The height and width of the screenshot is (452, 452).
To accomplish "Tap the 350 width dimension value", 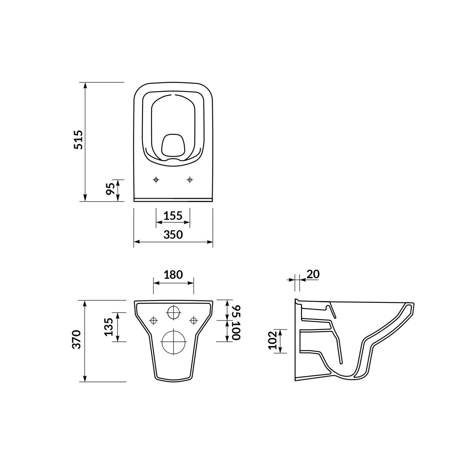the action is pos(173,235).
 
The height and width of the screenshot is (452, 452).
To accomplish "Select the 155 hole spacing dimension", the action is pos(173,215).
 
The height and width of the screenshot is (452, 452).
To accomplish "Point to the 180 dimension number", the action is pos(173,275).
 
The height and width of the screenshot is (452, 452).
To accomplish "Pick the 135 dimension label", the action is pos(108,327).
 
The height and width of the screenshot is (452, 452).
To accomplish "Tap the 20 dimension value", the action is pos(313,274).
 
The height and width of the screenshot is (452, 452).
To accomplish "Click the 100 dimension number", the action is pos(237,330).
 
